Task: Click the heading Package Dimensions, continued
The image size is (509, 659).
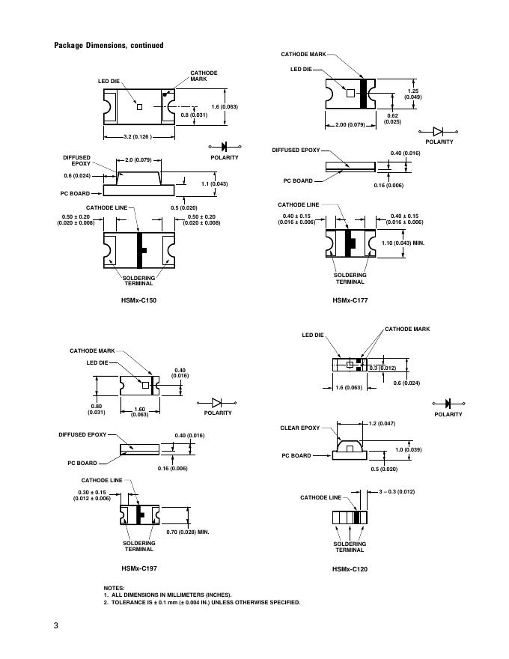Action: click(x=109, y=46)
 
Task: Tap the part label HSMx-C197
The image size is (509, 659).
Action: click(x=139, y=568)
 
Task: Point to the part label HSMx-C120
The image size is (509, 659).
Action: click(x=350, y=568)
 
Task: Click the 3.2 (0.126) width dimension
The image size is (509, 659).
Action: click(x=136, y=137)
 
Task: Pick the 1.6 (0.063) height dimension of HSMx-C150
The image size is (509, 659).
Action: click(x=225, y=107)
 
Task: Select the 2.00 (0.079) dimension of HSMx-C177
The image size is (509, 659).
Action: click(x=350, y=124)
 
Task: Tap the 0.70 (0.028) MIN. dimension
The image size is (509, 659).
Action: click(x=188, y=532)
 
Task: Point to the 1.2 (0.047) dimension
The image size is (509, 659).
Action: click(x=382, y=424)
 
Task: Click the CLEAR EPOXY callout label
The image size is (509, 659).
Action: click(x=300, y=428)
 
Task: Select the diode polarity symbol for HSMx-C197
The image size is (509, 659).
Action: click(x=219, y=402)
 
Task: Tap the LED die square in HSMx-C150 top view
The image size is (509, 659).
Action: click(x=139, y=106)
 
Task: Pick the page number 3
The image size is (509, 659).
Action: click(x=56, y=626)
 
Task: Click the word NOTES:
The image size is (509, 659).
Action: click(x=115, y=588)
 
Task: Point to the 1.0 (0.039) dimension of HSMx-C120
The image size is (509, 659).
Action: click(x=407, y=450)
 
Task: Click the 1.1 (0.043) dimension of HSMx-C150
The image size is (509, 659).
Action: click(x=215, y=183)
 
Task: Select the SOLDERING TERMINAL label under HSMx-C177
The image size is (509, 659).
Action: click(x=350, y=279)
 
